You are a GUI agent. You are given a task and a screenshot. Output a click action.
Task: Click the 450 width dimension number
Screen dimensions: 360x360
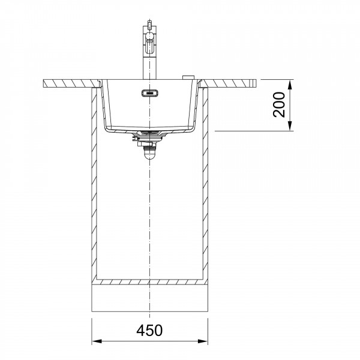coord(149,331)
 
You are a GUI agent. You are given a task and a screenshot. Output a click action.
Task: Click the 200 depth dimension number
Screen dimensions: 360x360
coord(279,104)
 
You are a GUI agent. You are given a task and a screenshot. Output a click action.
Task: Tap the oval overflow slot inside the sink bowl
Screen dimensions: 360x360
coord(149,93)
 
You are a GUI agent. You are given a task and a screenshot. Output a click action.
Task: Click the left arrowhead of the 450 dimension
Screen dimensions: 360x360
coord(97,341)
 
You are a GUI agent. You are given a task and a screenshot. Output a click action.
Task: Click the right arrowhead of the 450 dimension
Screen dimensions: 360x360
coord(203,341)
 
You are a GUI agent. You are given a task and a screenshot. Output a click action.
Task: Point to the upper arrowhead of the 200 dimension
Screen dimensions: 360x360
coord(290,85)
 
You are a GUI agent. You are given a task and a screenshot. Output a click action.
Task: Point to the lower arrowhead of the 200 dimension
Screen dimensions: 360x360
coord(290,126)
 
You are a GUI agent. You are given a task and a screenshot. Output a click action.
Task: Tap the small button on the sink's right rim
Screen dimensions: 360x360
coord(188,77)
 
